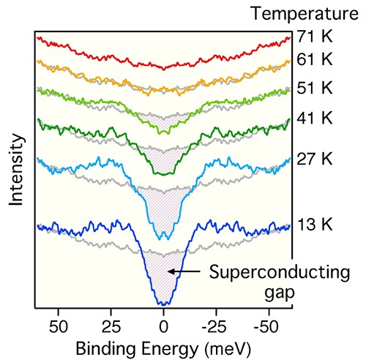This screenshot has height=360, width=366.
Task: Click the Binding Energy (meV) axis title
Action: [x=163, y=345]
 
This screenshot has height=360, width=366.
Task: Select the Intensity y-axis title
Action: [x=15, y=169]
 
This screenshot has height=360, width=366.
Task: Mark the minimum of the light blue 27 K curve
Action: [x=163, y=237]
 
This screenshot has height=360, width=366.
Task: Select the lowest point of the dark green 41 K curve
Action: [x=164, y=173]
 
